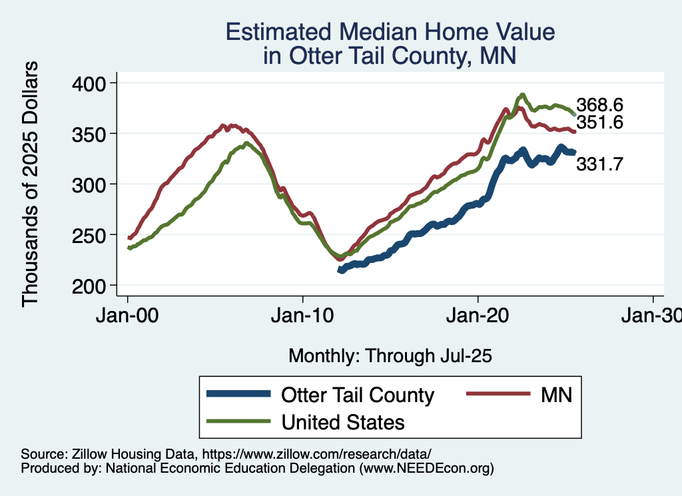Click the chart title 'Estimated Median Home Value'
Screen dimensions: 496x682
click(390, 32)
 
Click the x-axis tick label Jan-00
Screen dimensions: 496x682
click(128, 315)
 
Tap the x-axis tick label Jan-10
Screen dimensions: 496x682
click(303, 315)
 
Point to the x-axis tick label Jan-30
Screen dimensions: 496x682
click(651, 315)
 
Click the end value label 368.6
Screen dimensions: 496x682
click(599, 105)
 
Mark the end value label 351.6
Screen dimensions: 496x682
click(599, 123)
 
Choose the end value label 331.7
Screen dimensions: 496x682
click(599, 164)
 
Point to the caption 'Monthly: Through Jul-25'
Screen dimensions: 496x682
click(390, 356)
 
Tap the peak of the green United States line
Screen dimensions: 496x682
click(523, 95)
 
